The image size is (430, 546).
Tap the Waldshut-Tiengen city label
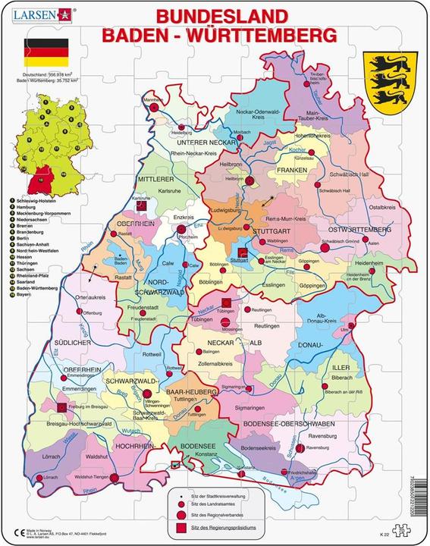(x=90, y=477)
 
